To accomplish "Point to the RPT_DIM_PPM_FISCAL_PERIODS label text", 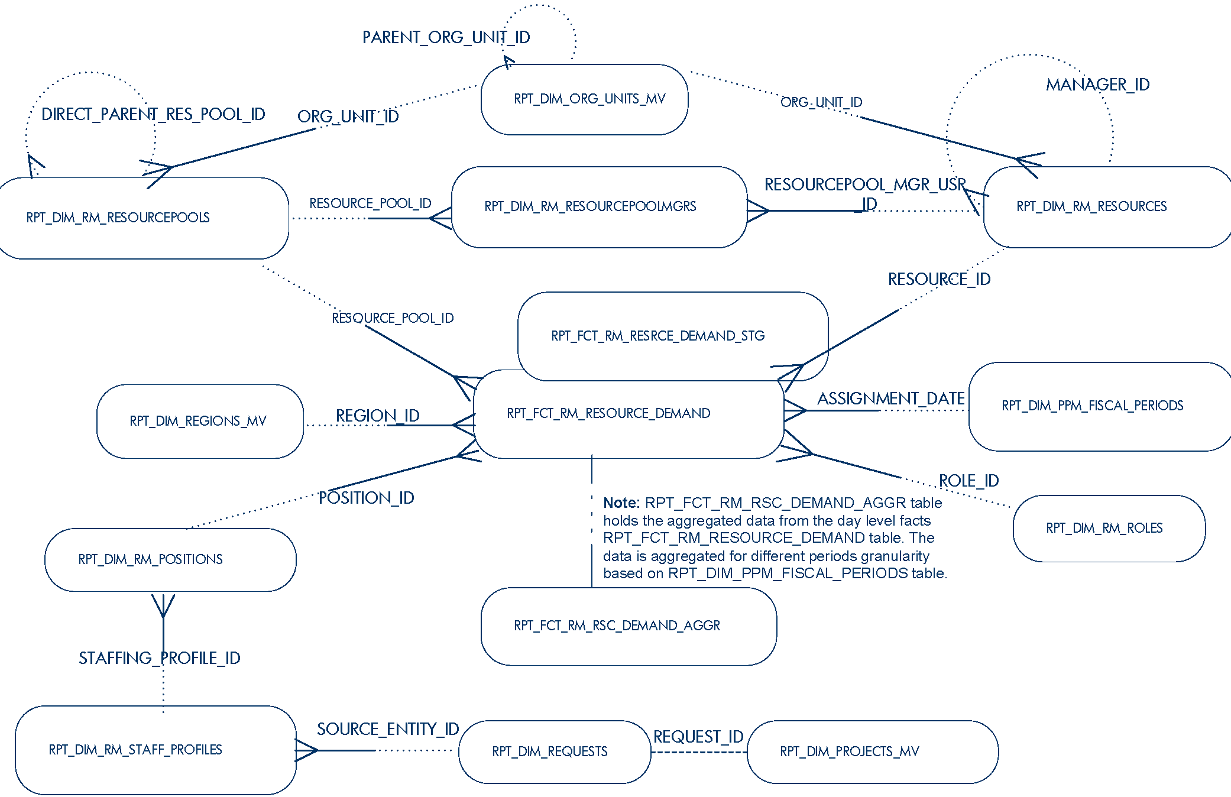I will (1092, 406).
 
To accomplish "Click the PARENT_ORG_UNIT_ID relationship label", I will (446, 38).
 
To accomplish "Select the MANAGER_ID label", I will (1097, 85).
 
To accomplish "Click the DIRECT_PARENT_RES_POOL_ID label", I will (153, 114).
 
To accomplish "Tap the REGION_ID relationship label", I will (377, 416).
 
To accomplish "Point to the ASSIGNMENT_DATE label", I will (890, 398).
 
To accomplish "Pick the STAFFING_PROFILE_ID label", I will (159, 658).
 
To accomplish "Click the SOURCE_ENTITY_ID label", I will (388, 729).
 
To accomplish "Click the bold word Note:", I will (621, 503).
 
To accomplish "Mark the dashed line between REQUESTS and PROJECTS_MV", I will (699, 752).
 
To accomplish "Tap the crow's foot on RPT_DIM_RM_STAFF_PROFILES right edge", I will (306, 750).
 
